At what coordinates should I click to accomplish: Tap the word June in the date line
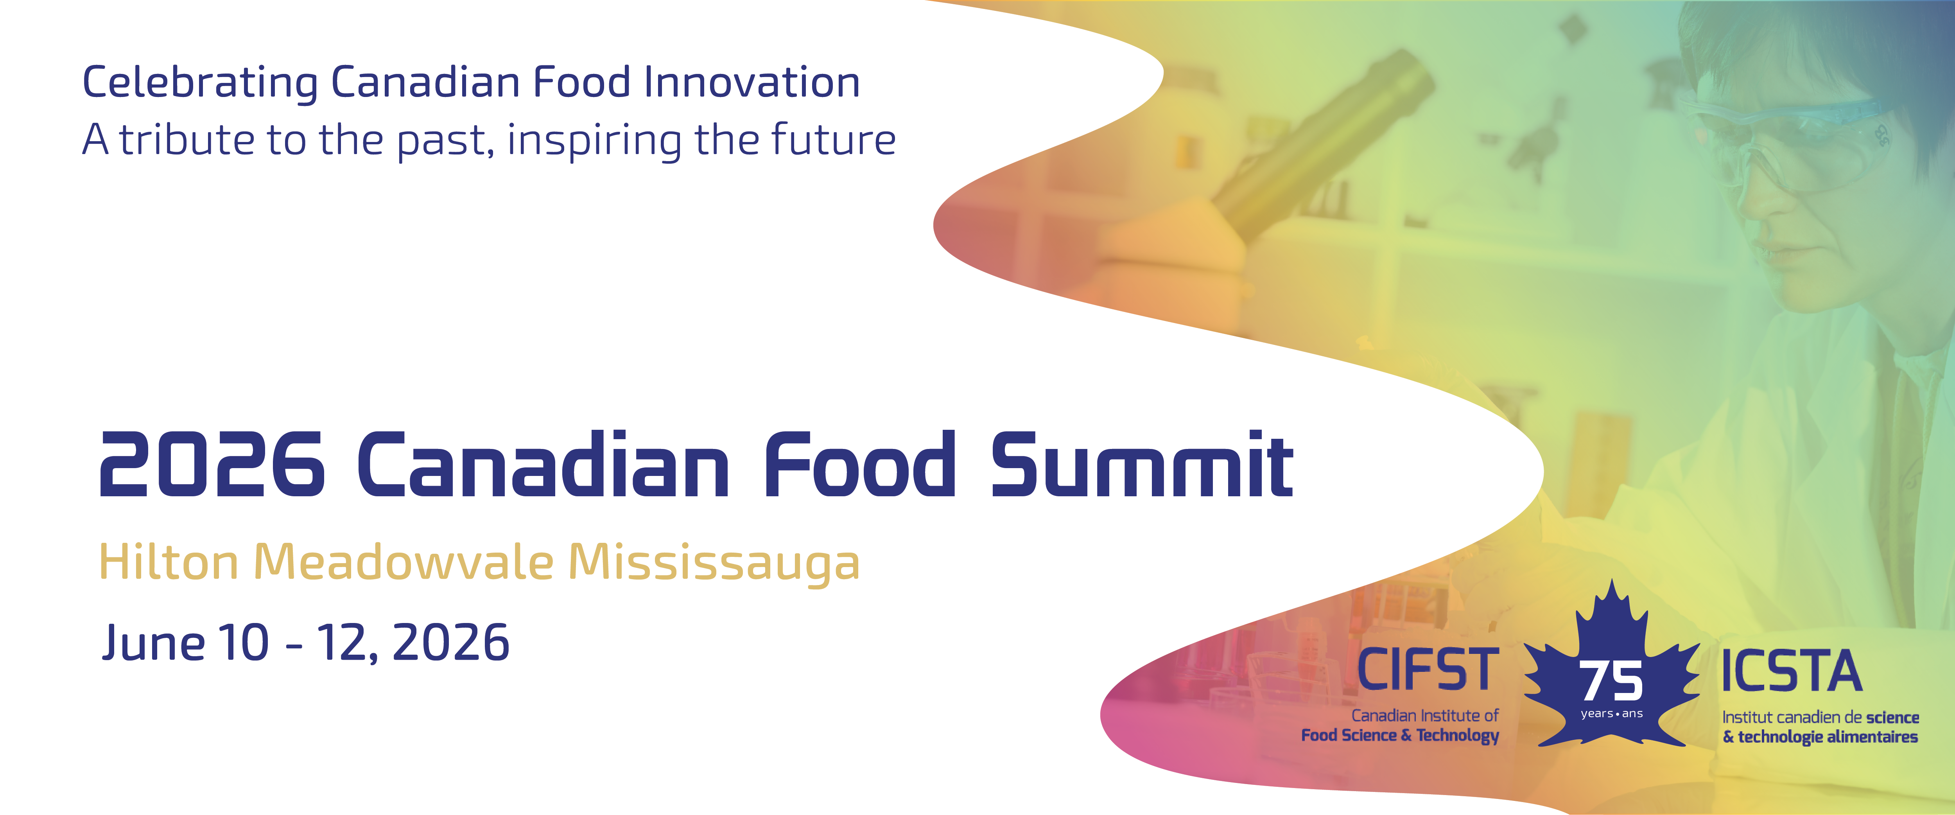coord(153,643)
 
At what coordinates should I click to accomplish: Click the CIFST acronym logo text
coord(1428,669)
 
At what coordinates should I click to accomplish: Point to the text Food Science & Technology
coord(1400,735)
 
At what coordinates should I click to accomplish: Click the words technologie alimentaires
coord(1828,737)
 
